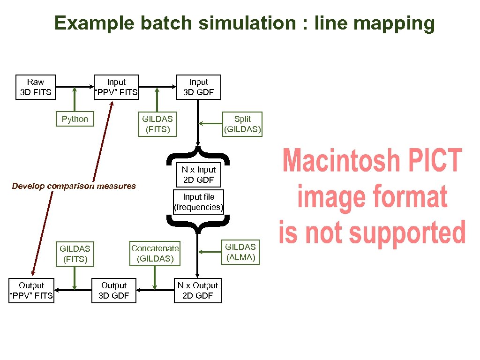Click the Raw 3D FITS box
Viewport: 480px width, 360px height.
click(x=36, y=87)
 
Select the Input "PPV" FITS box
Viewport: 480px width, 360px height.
click(x=116, y=87)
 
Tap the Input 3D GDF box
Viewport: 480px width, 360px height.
click(x=198, y=87)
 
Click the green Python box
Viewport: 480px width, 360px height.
click(x=75, y=119)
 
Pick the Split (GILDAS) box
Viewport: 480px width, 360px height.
click(x=242, y=124)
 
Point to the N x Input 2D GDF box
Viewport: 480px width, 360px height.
click(x=199, y=175)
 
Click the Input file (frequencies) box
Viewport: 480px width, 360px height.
click(x=199, y=202)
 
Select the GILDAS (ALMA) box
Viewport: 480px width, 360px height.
click(x=240, y=252)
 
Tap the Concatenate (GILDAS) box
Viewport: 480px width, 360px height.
click(x=155, y=254)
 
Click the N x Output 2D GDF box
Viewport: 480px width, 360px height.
click(x=198, y=291)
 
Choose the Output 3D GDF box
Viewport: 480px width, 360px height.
click(x=114, y=291)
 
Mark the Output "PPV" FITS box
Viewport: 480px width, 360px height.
click(x=31, y=291)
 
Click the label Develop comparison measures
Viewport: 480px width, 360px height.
click(x=74, y=186)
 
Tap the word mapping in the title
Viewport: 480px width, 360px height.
click(x=398, y=22)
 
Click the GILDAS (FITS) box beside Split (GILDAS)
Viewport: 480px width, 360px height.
click(x=157, y=124)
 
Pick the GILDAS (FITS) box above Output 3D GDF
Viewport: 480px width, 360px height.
click(x=75, y=254)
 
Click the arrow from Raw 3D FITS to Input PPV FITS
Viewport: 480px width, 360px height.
click(x=73, y=87)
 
